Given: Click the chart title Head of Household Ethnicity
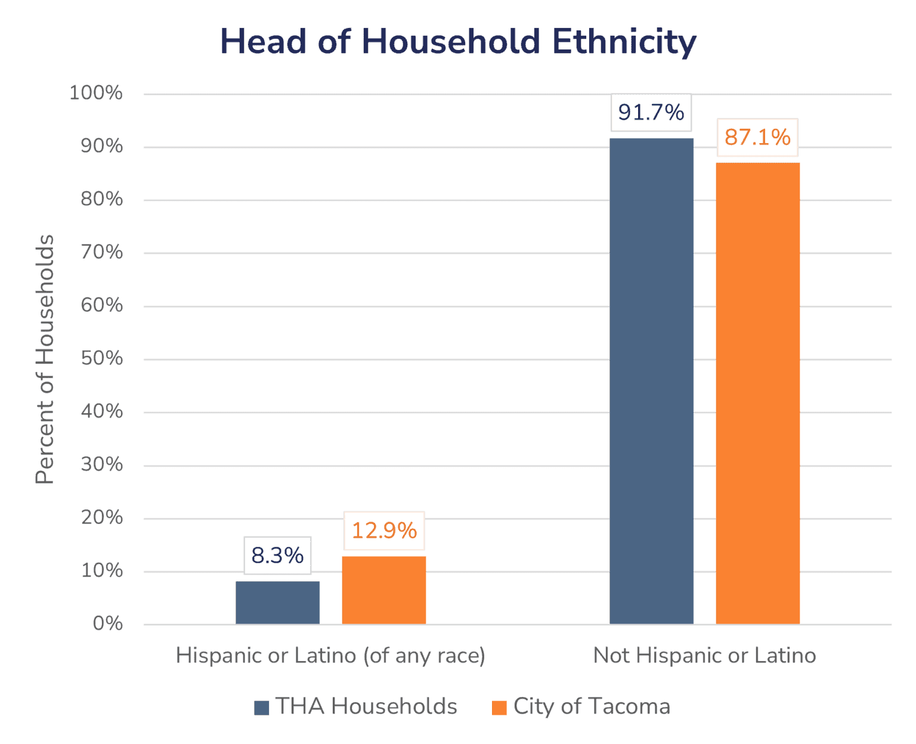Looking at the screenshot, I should point(458,42).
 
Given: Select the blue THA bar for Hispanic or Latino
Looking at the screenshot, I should point(277,602).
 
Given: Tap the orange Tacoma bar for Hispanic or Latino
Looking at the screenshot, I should point(384,590).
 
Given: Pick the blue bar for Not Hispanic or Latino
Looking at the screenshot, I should point(651,382).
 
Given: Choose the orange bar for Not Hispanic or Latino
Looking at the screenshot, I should point(757,393).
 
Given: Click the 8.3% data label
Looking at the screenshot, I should point(277,556).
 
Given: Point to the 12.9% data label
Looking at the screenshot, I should point(384,531).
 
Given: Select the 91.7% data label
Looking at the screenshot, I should point(651,112).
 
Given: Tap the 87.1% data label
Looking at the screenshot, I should point(757,137).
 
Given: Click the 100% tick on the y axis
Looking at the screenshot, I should point(96,93).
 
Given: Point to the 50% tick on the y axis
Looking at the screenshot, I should point(101,358).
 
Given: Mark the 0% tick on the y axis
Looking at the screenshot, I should point(108,624).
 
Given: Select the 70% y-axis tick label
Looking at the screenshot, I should point(101,252).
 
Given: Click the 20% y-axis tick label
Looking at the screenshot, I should point(101,517).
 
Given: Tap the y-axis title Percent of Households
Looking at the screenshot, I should point(45,359).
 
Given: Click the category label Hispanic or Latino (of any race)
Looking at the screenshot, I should point(330,655).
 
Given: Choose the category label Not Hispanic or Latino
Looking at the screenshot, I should point(704,655).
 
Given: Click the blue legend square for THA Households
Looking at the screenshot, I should point(261,708).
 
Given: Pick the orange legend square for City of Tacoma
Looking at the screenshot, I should point(499,708).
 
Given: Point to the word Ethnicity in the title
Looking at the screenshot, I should point(624,42).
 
